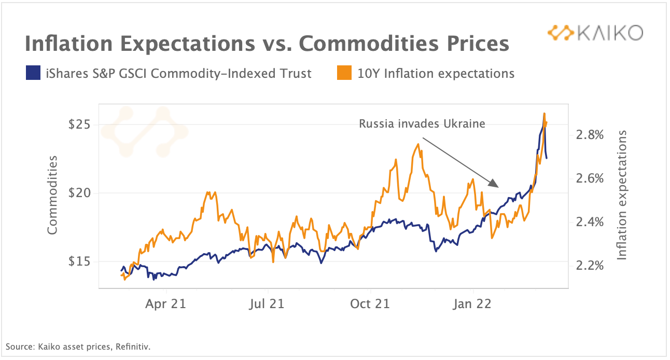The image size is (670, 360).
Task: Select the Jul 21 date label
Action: pos(267,303)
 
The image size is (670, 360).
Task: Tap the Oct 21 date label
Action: pos(370,303)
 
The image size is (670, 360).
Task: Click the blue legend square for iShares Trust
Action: pos(33,73)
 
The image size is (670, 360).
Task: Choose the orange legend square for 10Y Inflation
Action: pos(343,73)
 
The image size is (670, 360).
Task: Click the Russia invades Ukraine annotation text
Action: pos(422,124)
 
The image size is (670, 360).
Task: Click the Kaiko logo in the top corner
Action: pos(595,33)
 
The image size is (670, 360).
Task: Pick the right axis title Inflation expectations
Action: pos(622,195)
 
